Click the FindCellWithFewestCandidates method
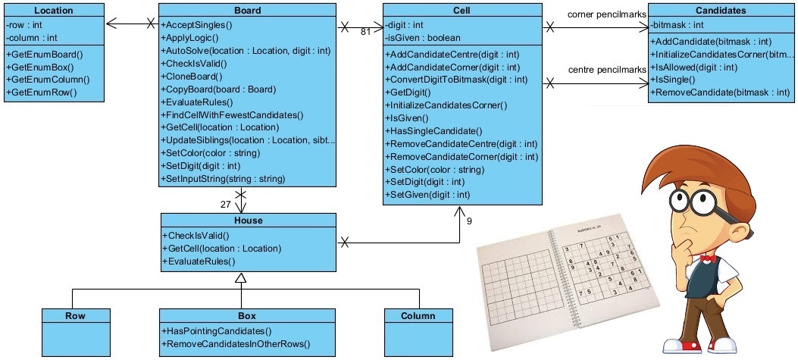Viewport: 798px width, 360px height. pyautogui.click(x=232, y=114)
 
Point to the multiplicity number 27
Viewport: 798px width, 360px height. pyautogui.click(x=224, y=204)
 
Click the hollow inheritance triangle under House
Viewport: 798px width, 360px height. pyautogui.click(x=240, y=278)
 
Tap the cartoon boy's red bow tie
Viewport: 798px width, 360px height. pyautogui.click(x=708, y=258)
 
